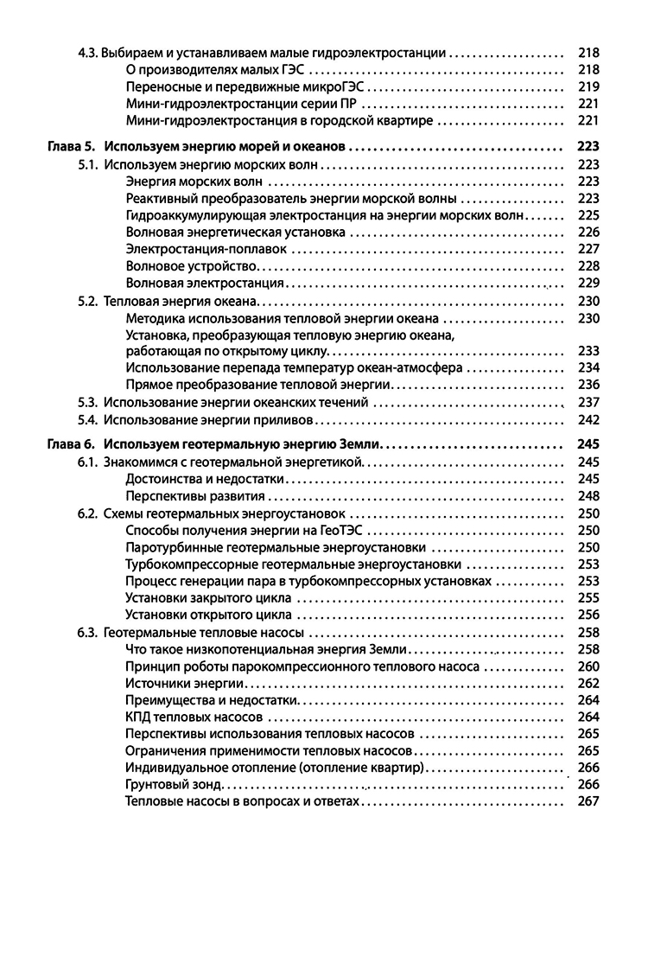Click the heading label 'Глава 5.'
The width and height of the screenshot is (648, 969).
[69, 147]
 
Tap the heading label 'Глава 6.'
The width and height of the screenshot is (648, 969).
[69, 444]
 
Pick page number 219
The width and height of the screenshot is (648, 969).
[588, 86]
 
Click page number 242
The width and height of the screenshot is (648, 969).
[588, 420]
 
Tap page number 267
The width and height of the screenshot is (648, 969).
[588, 801]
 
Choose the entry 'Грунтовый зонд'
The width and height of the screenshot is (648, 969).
[174, 785]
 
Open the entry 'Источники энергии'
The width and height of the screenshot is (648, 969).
[177, 683]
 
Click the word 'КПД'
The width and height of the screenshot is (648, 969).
[138, 717]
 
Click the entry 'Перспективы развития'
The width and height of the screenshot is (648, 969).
[194, 496]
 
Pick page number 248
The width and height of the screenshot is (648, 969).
[588, 496]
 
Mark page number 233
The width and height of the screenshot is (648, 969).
[588, 351]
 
